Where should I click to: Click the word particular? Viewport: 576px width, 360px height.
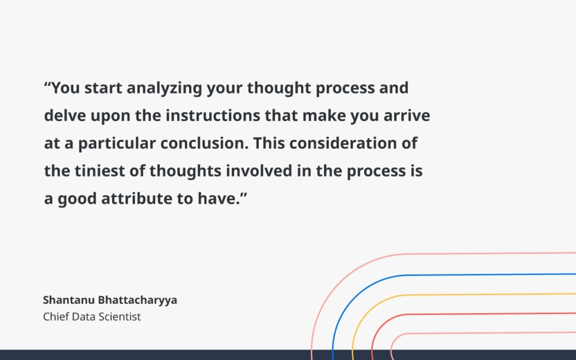pyautogui.click(x=116, y=143)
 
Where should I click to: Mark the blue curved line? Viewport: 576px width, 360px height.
pyautogui.click(x=450, y=275)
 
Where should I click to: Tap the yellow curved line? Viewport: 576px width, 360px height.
pyautogui.click(x=450, y=294)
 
